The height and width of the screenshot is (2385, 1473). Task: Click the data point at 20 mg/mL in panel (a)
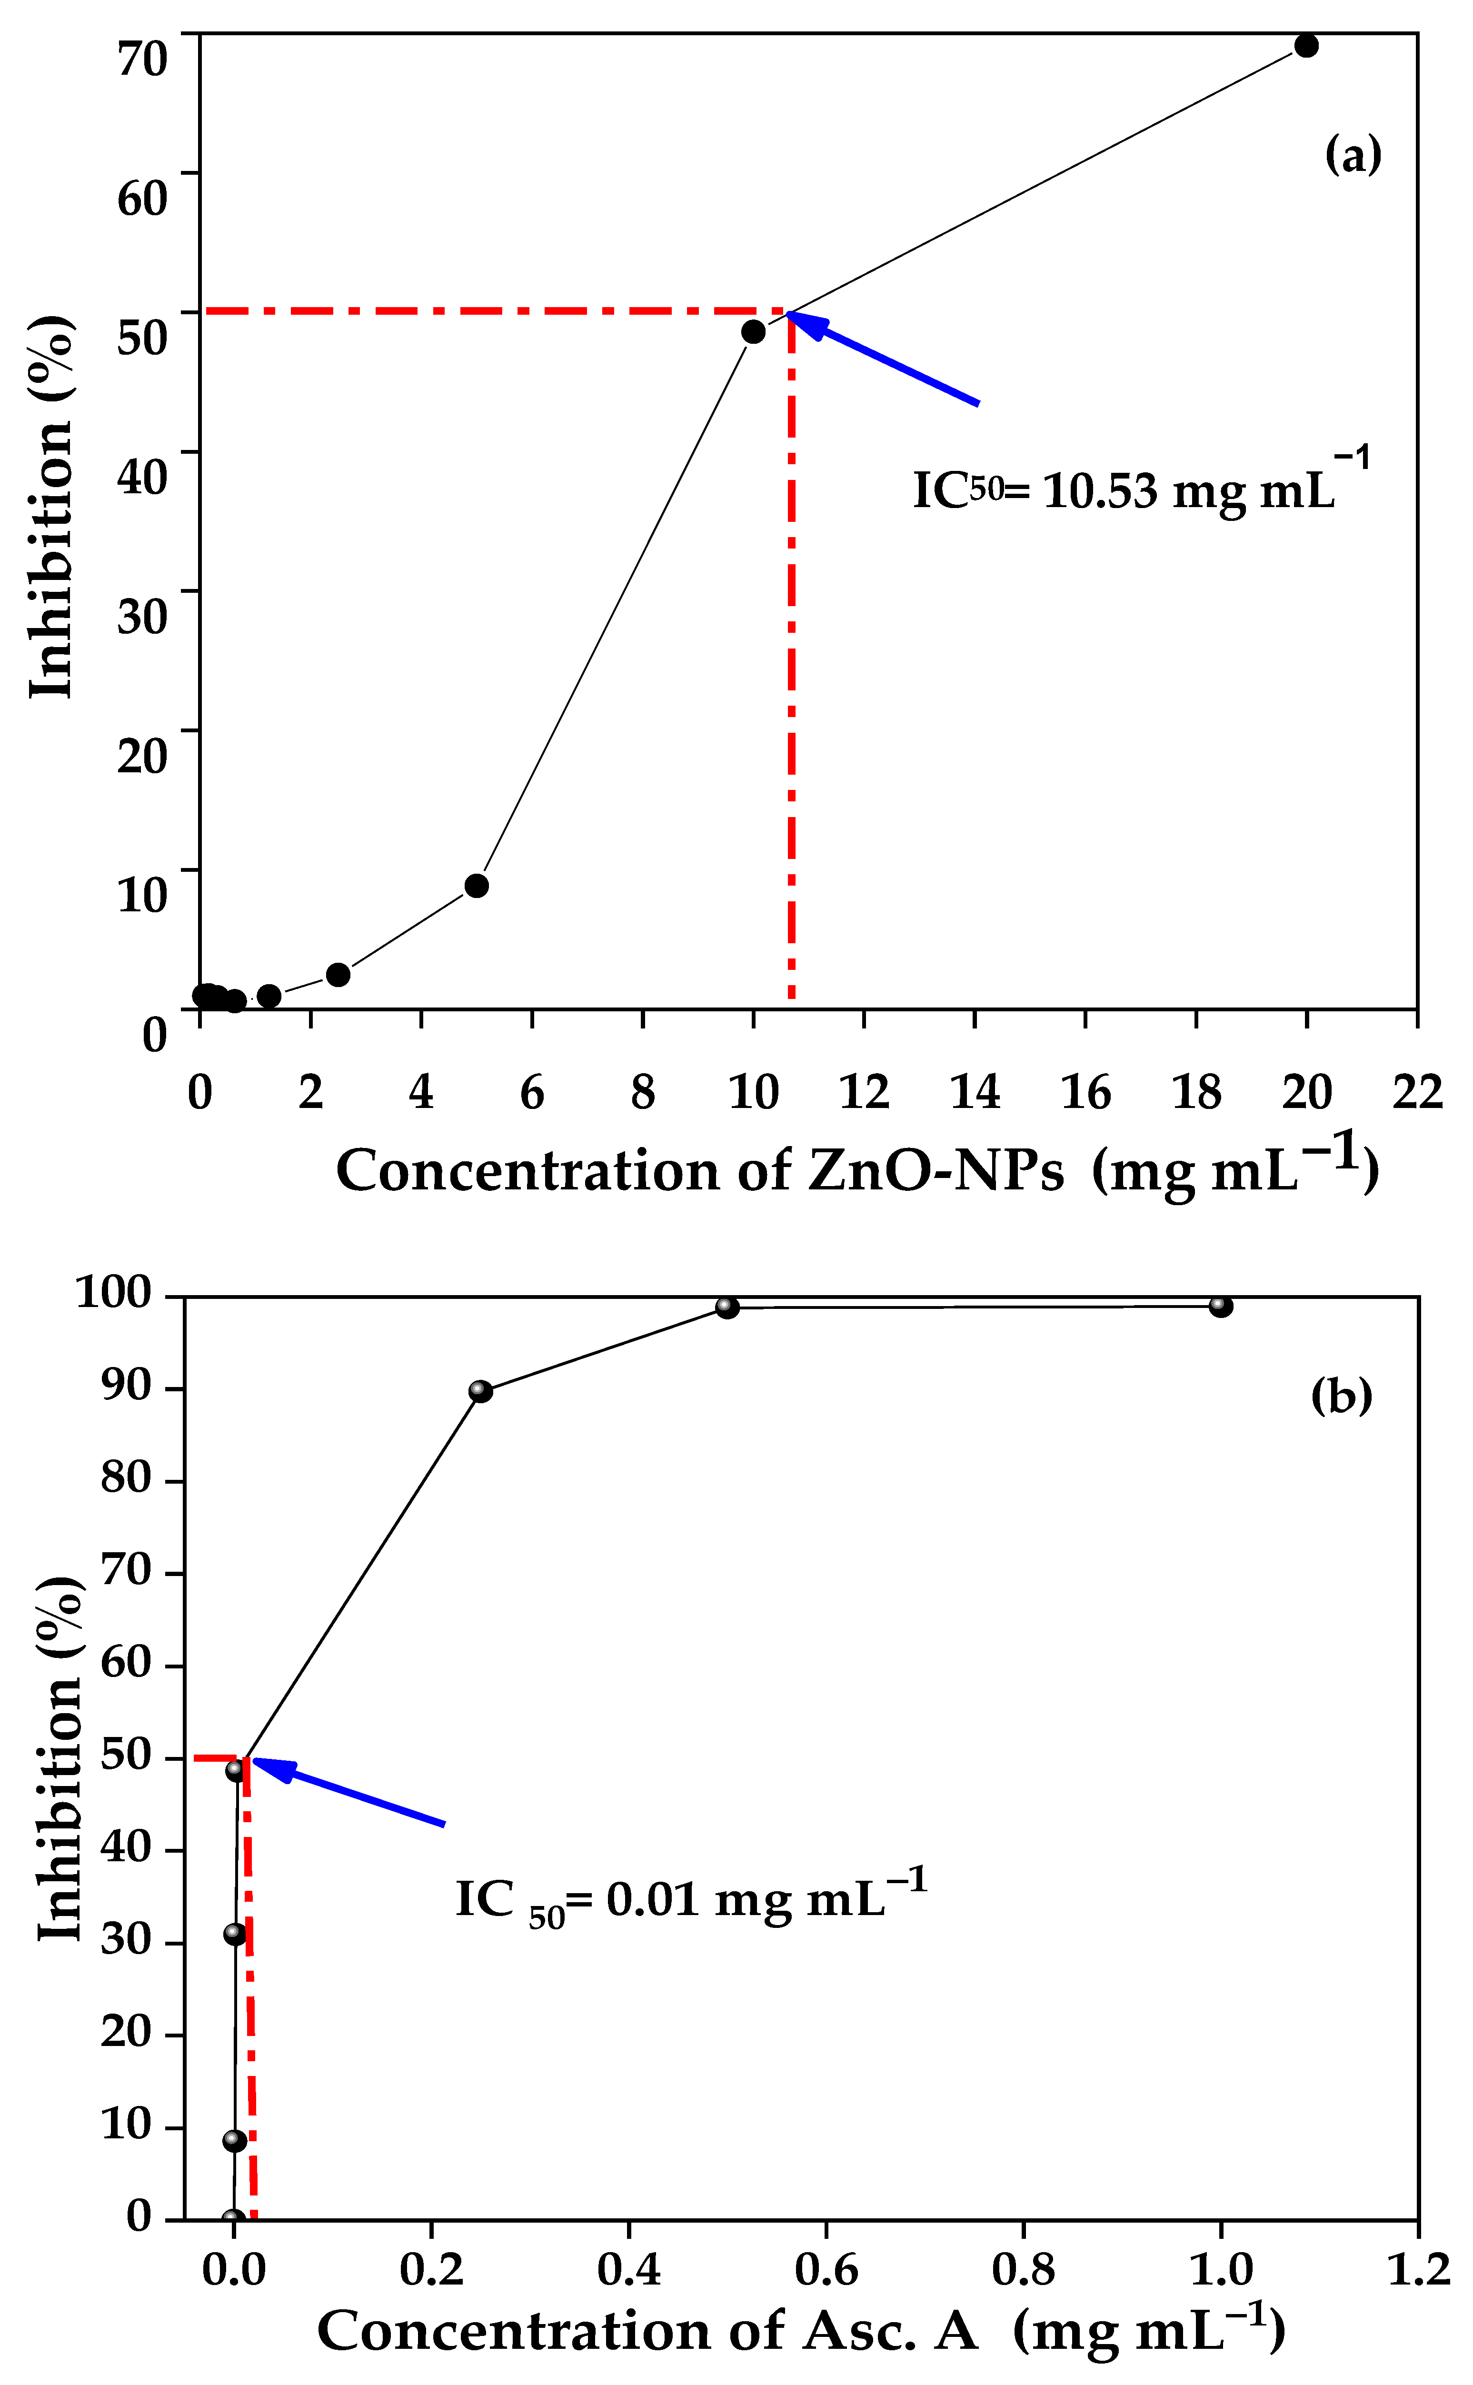click(x=1306, y=46)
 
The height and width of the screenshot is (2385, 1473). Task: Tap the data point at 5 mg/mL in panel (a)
click(x=477, y=886)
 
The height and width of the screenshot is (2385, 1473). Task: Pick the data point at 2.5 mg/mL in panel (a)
click(x=338, y=974)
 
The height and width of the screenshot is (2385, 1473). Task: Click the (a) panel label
click(x=1353, y=155)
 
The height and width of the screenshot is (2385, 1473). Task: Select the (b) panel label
click(x=1342, y=1396)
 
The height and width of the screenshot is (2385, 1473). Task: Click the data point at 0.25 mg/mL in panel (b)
click(x=480, y=1391)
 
